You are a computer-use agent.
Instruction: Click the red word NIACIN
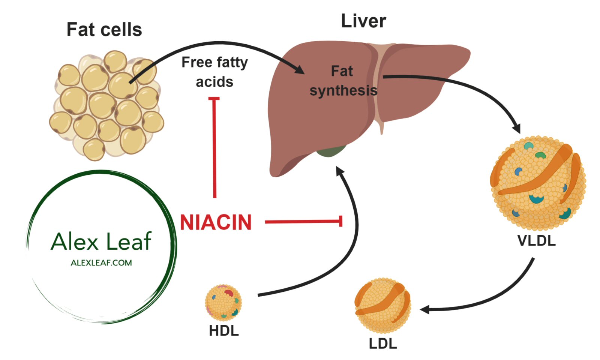[216, 222]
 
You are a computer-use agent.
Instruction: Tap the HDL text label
[223, 331]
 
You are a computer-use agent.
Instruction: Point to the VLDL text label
[536, 241]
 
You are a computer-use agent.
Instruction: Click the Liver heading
[363, 21]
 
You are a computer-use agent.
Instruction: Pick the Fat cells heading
[104, 30]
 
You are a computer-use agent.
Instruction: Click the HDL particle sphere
[223, 302]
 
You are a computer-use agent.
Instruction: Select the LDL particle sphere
[382, 305]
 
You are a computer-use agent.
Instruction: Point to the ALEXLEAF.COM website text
[101, 263]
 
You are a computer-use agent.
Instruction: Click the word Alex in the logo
[74, 241]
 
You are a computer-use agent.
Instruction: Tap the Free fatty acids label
[214, 72]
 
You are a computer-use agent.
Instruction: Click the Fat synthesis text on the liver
[343, 81]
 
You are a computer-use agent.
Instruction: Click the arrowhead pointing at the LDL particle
[425, 310]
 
